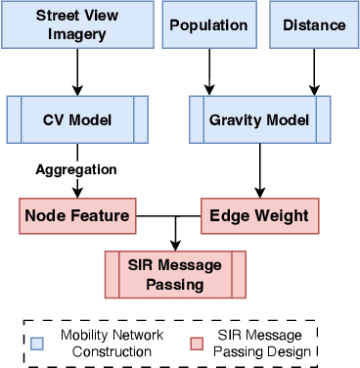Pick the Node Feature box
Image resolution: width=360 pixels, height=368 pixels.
77,215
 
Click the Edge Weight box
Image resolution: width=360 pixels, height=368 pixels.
260,215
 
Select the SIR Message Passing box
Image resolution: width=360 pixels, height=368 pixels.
176,273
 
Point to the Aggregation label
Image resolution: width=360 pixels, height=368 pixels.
76,169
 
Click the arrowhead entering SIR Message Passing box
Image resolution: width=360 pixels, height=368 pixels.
176,245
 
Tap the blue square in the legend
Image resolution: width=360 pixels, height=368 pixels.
38,342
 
